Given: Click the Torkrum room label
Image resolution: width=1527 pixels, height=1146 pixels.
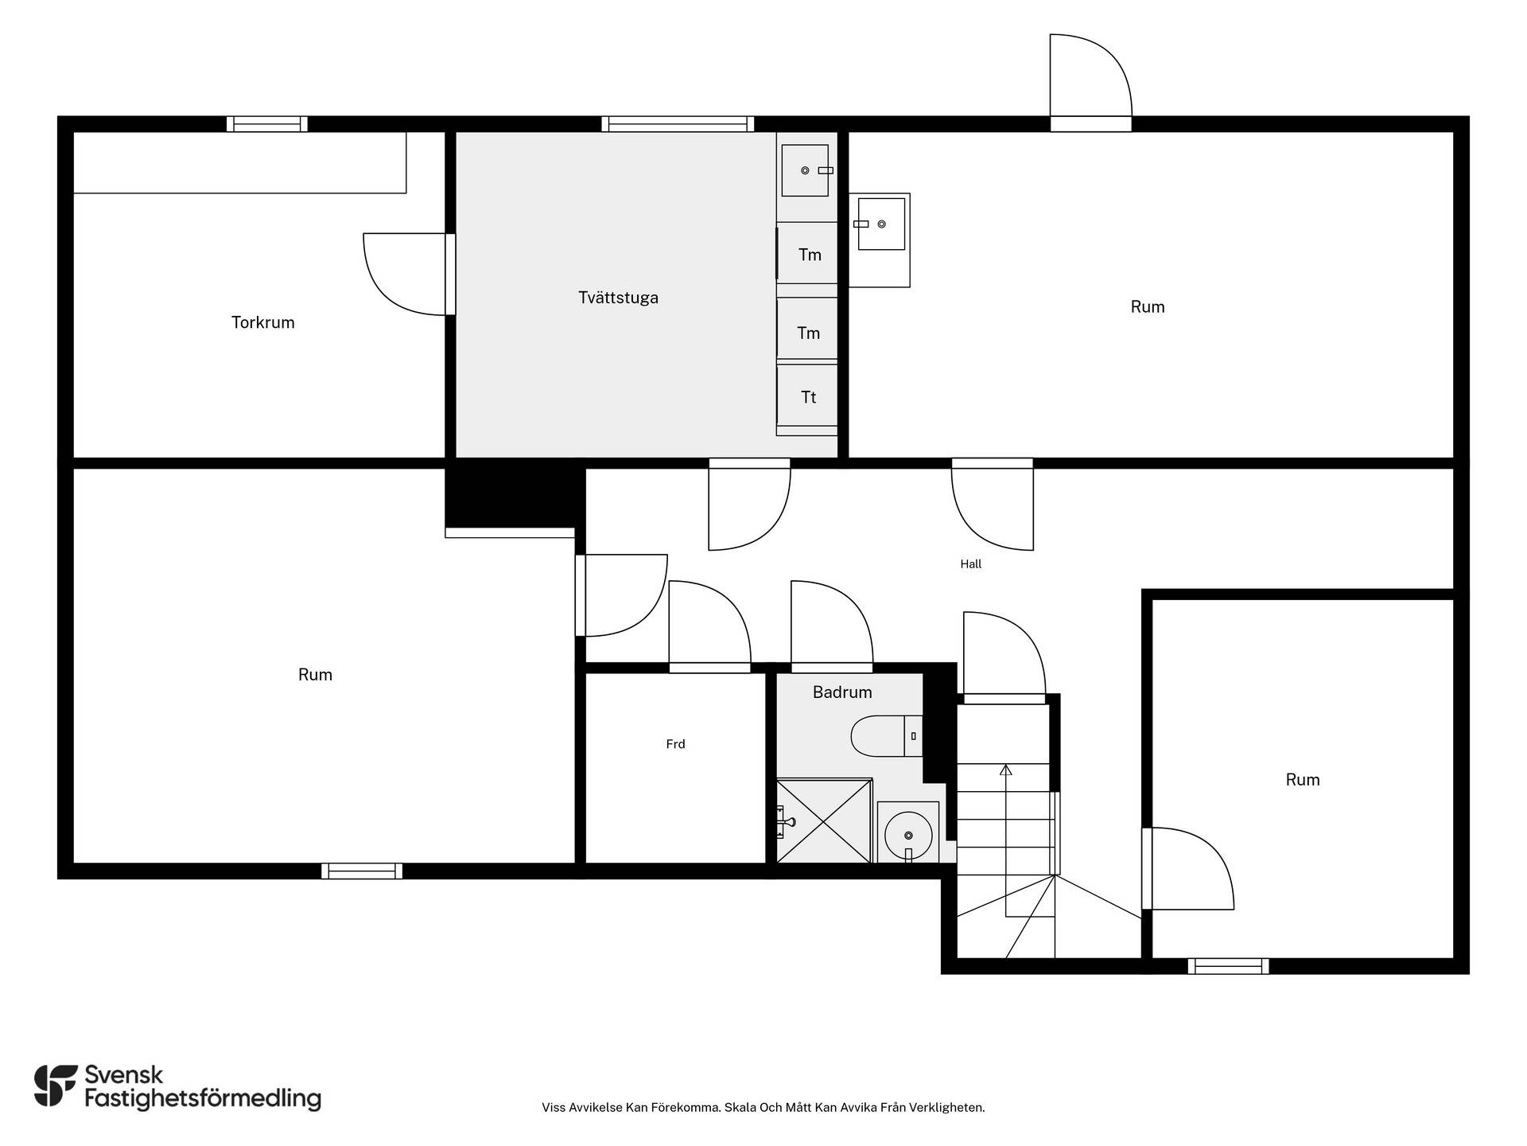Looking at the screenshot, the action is coord(262,322).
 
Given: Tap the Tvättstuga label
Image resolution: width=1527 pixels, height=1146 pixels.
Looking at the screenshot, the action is coord(618,298).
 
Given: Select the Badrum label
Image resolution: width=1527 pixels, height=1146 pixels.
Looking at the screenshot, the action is coord(842,692).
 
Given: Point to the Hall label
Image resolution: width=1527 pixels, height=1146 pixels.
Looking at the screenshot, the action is coord(970,564).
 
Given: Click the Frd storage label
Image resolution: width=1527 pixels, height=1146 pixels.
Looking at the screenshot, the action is coord(675,744).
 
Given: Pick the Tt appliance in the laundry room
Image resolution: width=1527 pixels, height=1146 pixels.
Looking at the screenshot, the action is coord(807,397).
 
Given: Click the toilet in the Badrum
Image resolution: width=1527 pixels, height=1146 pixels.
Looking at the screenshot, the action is coord(887,736).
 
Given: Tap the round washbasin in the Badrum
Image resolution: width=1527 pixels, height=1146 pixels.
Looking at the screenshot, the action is coord(908,835).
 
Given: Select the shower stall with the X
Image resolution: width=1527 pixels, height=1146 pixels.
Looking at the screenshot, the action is coord(824,821).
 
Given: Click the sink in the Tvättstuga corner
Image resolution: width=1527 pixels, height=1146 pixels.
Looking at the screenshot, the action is coord(806,170).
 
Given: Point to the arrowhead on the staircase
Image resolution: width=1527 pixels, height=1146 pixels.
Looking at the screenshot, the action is coord(1005,770).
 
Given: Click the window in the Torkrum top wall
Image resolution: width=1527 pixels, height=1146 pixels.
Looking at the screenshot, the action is coord(267,124).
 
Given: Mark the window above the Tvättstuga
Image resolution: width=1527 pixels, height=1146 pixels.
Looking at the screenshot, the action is coord(678,124).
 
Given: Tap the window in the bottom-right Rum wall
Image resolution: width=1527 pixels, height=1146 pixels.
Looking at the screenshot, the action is coord(1228,966).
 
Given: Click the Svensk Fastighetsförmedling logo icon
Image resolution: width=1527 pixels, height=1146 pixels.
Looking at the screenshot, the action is coord(56,1086).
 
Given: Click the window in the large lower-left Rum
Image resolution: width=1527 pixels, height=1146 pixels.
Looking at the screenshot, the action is coord(362,871).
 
